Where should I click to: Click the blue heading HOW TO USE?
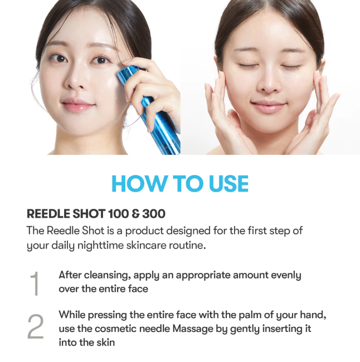coord(180,184)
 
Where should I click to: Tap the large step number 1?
coord(35,283)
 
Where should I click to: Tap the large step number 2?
coord(35,328)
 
